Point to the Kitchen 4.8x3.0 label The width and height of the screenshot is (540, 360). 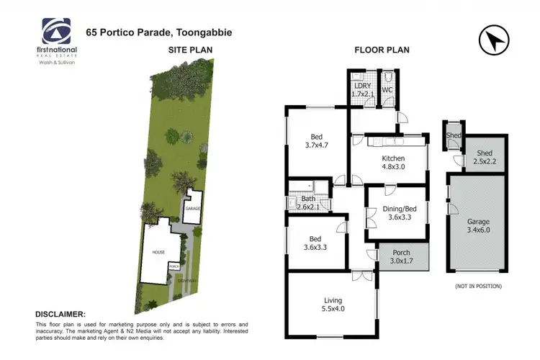(393, 163)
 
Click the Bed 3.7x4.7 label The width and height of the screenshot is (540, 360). (317, 140)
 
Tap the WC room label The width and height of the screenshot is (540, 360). (387, 90)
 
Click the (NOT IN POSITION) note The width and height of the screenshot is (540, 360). (478, 286)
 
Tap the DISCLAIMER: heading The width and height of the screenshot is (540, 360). (60, 315)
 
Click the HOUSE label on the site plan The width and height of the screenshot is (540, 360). (158, 253)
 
